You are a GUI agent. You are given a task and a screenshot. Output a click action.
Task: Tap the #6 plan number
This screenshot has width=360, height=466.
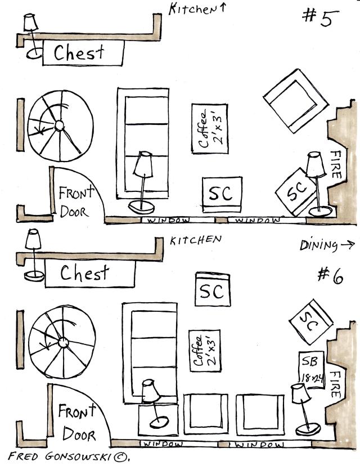(330, 275)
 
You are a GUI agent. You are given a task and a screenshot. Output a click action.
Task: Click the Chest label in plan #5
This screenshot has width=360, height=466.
(79, 53)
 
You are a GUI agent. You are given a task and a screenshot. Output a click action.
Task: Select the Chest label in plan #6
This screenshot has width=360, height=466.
(84, 274)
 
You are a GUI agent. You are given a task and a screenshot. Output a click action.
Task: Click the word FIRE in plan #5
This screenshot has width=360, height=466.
(336, 164)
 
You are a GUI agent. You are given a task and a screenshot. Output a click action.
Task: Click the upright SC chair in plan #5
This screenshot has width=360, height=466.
(221, 193)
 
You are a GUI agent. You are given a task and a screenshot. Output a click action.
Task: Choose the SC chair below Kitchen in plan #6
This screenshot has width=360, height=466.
(211, 290)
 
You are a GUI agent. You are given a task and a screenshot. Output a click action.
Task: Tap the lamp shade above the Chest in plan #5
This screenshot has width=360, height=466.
(30, 23)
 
